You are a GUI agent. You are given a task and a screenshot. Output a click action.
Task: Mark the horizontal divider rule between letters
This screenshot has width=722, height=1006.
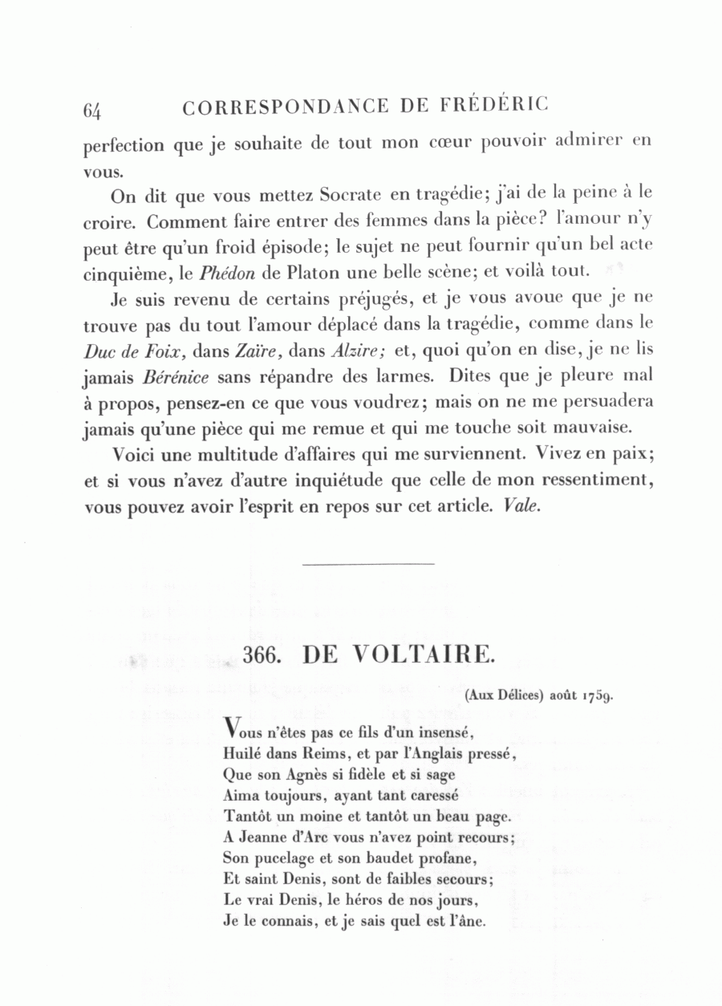coord(369,563)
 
